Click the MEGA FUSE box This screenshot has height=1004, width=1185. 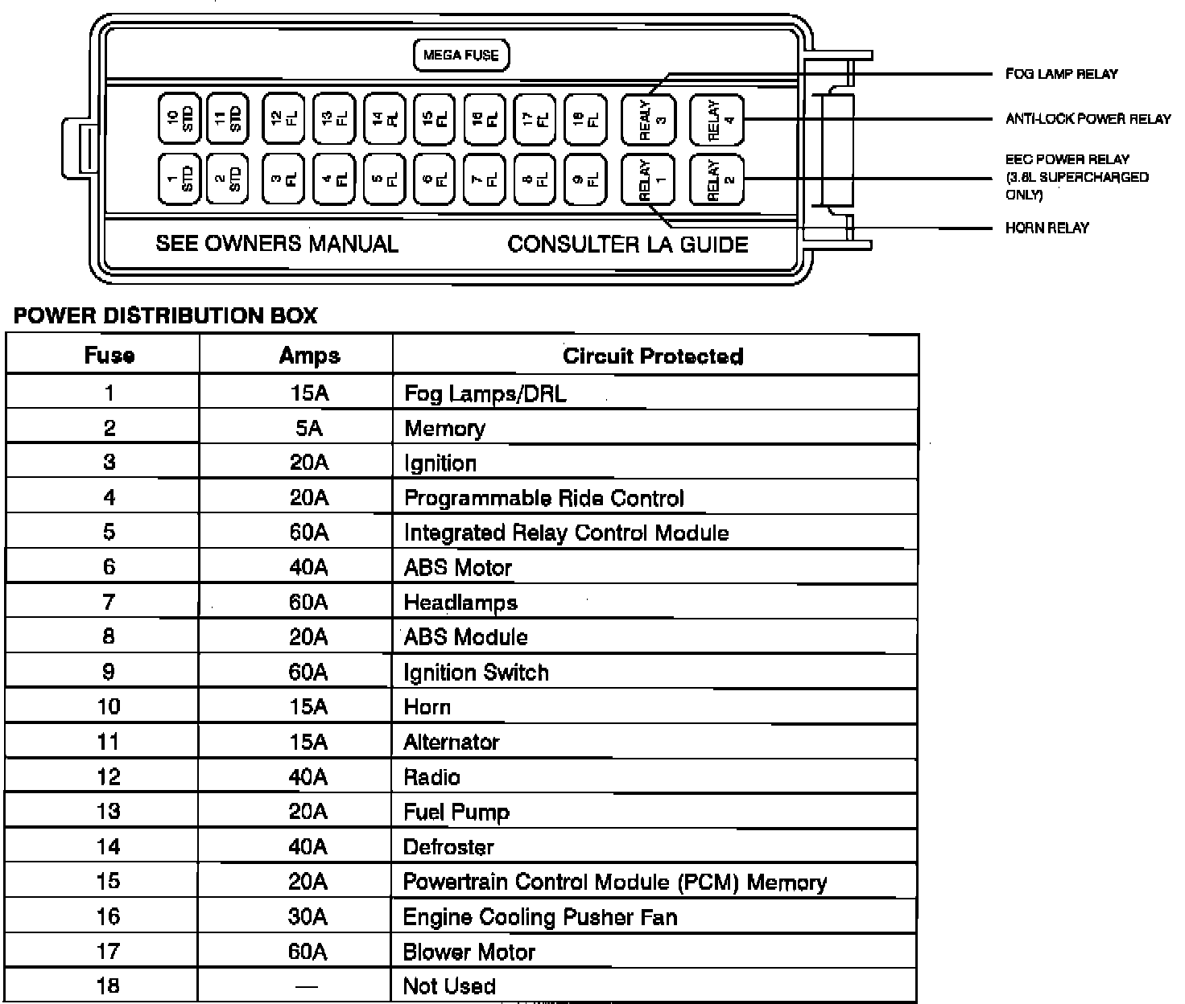coord(461,56)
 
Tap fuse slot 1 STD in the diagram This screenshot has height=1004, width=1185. coord(178,178)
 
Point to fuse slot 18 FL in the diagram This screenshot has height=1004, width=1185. coord(585,119)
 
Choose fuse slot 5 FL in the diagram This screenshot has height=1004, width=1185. coord(384,179)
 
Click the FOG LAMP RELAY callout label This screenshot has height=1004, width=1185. coord(1061,74)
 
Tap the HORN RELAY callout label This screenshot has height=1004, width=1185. coord(1047,228)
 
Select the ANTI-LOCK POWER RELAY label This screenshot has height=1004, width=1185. coord(1088,119)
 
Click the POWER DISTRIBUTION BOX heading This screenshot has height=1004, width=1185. coord(166,316)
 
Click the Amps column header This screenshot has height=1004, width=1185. coord(309,356)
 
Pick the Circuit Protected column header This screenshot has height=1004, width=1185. coord(653,356)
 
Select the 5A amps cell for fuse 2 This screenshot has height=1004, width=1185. coord(309,428)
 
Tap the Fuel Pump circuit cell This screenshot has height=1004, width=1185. coord(456,812)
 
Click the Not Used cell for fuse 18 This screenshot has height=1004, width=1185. coord(449,986)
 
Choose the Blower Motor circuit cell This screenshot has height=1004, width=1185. coord(469,952)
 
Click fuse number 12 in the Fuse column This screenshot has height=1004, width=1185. coord(109,777)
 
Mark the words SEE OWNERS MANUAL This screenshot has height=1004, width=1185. coord(277,244)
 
